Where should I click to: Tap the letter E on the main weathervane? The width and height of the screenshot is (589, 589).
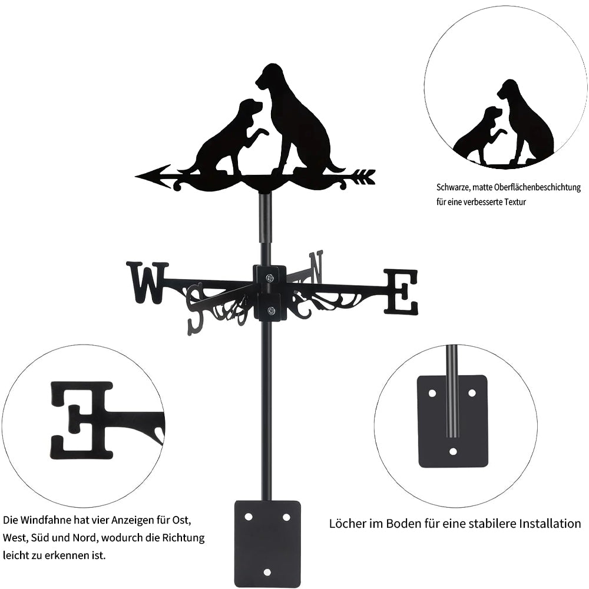[x=401, y=292]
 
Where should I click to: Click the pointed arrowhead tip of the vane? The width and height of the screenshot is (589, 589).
[x=136, y=176]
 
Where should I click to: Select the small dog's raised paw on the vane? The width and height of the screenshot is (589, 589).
[x=261, y=132]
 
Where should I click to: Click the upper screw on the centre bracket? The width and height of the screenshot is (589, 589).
[x=270, y=277]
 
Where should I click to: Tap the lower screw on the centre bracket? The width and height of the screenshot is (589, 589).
[x=270, y=310]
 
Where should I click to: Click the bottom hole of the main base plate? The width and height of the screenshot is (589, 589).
[x=267, y=572]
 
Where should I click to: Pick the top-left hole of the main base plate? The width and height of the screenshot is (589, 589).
[x=249, y=517]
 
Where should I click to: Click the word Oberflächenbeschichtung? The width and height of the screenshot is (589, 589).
[x=538, y=187]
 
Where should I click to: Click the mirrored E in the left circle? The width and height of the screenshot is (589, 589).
[x=82, y=420]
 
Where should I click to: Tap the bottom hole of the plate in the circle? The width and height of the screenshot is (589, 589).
[x=453, y=451]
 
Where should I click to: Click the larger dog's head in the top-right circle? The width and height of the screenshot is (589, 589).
[x=508, y=89]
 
